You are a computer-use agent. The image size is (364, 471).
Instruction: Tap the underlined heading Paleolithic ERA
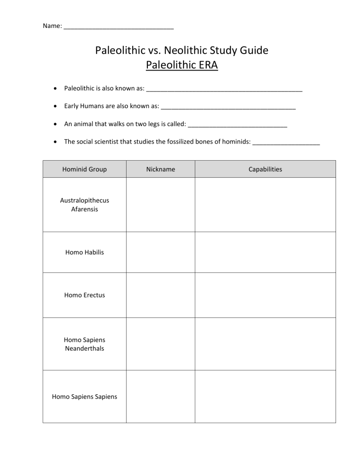click(x=182, y=65)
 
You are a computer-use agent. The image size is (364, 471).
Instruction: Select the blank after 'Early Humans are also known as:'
click(x=228, y=108)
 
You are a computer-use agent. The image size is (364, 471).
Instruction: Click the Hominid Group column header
click(x=84, y=169)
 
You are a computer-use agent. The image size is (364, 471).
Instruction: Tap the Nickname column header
click(x=160, y=169)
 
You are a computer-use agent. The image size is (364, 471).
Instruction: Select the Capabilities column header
click(x=265, y=169)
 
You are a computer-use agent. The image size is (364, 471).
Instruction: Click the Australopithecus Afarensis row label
click(x=84, y=205)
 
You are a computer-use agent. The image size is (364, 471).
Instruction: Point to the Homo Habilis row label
click(x=84, y=252)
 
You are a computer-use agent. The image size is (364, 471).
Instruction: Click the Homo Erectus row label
click(x=84, y=295)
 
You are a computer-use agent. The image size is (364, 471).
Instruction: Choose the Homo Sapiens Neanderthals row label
click(x=84, y=344)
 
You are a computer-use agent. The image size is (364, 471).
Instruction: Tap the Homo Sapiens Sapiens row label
click(x=84, y=396)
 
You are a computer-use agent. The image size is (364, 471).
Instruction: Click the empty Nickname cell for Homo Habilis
click(x=160, y=252)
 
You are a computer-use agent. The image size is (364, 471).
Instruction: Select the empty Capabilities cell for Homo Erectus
click(x=265, y=295)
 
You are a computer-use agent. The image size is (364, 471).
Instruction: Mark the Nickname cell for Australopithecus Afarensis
click(x=160, y=205)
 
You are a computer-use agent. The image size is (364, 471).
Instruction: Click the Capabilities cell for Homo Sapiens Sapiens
click(x=265, y=396)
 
